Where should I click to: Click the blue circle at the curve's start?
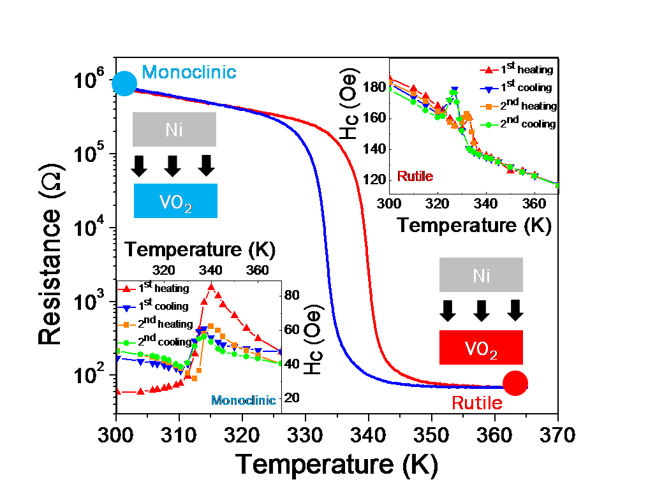pos(124,84)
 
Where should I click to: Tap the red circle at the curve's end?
pos(515,383)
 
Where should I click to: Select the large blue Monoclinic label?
pos(189,72)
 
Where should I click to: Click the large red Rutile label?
pos(477,403)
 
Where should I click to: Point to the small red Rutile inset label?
pos(415,177)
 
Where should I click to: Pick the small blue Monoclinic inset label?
pos(243,400)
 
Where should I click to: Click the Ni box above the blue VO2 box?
pos(174,130)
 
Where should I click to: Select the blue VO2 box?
pos(175,201)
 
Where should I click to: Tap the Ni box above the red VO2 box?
pos(481,275)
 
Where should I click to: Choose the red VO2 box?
pos(481,347)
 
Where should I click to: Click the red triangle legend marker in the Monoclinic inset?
pos(126,289)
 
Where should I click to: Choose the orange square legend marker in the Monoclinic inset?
pos(126,325)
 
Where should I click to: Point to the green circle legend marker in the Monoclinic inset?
pos(126,343)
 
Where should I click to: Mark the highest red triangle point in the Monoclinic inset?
pos(211,287)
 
